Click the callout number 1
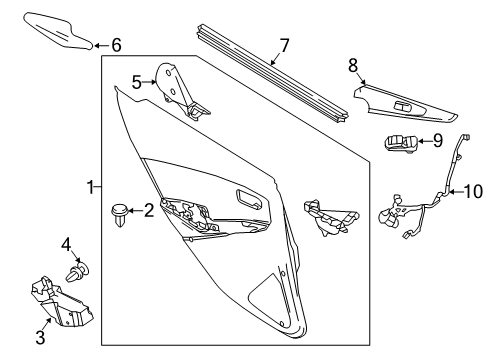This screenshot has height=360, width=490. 90,186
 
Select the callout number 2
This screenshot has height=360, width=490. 149,210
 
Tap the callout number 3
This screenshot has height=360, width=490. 40,337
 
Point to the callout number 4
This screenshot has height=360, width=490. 67,243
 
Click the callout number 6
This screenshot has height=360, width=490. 116,45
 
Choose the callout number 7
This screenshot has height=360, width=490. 284,44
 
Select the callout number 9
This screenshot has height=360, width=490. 437,141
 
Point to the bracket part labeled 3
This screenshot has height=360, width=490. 62,301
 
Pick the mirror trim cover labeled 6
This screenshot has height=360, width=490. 60,29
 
